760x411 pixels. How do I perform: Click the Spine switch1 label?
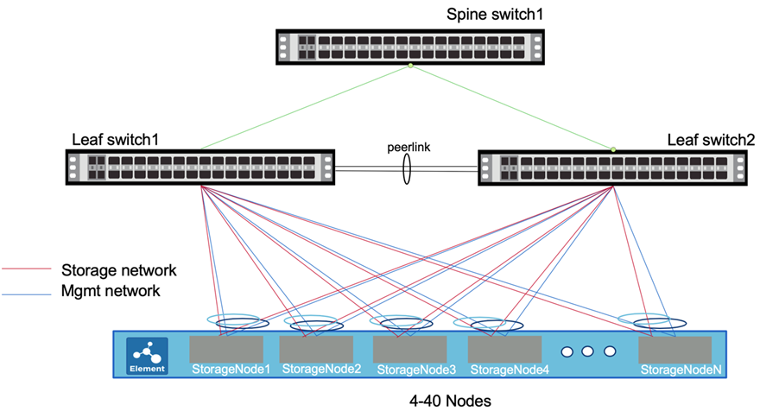pos(487,15)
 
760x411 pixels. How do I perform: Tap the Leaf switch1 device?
pos(201,167)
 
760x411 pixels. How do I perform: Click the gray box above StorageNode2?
pos(318,349)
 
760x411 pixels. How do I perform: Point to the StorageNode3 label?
pos(411,370)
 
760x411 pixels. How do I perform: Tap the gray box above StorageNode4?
pos(504,349)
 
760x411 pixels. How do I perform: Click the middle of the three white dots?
pos(588,352)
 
